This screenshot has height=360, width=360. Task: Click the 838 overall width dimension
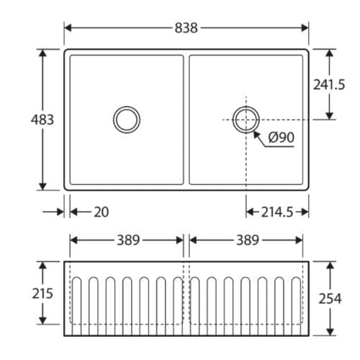[x=186, y=28]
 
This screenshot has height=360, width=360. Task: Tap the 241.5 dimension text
[x=329, y=84]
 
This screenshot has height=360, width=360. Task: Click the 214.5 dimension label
[x=277, y=212]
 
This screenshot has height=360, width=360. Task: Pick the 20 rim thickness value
[x=102, y=212]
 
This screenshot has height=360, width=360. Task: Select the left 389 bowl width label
[x=127, y=240]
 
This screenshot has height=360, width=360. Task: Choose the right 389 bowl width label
[x=247, y=240]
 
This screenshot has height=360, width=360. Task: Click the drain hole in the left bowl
[x=127, y=119]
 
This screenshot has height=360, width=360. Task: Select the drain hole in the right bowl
[x=246, y=119]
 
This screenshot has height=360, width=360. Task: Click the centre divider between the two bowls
[x=186, y=120]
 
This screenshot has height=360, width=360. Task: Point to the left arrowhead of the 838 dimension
[x=68, y=28]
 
